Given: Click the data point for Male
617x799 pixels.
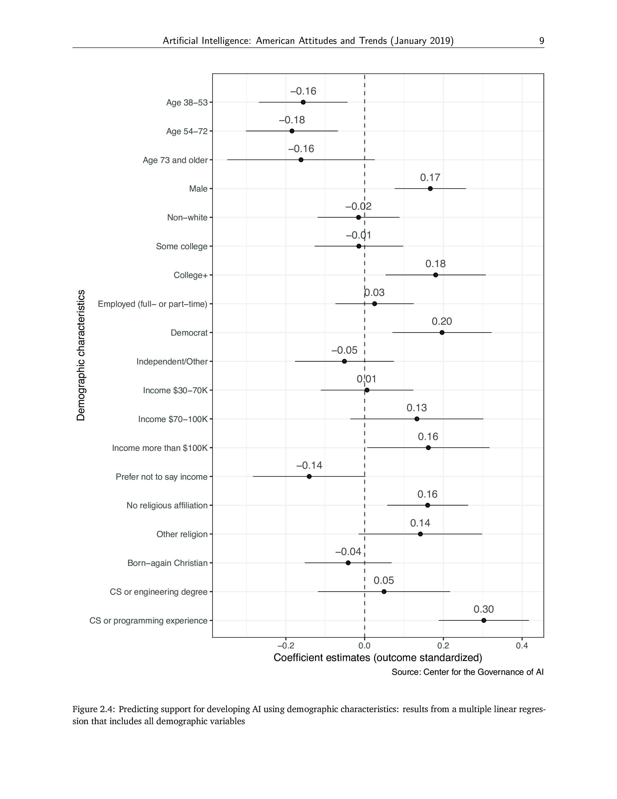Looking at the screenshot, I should tap(430, 188).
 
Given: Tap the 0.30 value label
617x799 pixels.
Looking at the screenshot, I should tap(484, 609).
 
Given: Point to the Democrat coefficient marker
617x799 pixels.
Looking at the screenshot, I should tap(442, 332).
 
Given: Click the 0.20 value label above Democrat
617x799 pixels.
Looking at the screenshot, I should tap(442, 321).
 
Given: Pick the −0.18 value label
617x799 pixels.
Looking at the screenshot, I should tap(292, 120).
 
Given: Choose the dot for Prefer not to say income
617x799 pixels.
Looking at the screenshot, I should tap(309, 476).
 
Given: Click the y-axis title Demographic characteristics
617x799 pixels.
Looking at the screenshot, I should tap(81, 355).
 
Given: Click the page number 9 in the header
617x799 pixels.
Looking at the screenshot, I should tap(541, 41).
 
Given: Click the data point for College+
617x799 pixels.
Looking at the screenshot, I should tap(435, 275).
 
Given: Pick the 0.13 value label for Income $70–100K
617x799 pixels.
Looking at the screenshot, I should tap(417, 407).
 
